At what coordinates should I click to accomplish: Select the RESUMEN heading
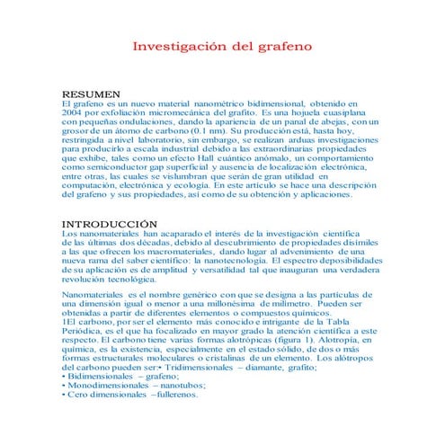tap(90, 94)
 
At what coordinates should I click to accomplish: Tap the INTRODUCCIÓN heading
tap(109, 223)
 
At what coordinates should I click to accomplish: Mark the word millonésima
tap(217, 305)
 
